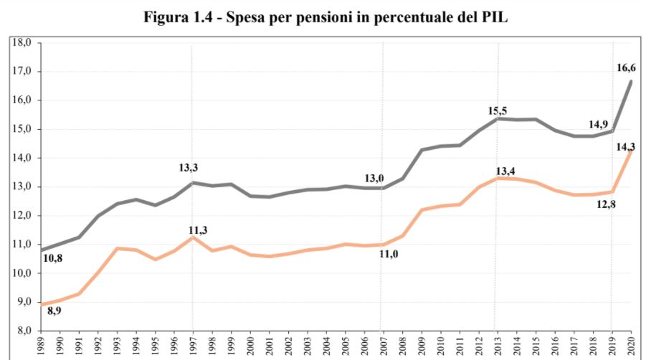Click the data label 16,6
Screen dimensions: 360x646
[626, 68]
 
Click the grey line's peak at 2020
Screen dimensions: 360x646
[631, 81]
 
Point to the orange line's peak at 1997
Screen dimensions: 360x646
[192, 237]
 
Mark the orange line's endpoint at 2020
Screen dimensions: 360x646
[631, 150]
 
